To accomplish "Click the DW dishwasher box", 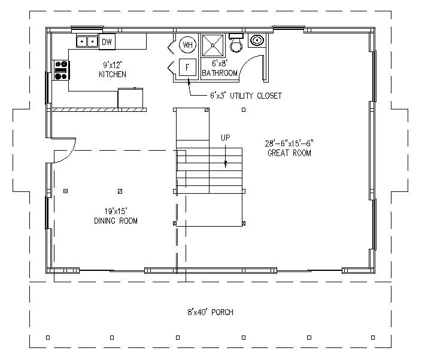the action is tap(107, 42).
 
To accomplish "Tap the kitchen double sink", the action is tap(87, 41).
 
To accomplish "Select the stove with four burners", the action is tap(61, 70).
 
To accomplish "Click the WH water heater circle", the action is tap(188, 45).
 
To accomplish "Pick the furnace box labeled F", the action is tap(187, 67).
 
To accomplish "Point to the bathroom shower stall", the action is tap(212, 45).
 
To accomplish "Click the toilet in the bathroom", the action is tap(236, 43).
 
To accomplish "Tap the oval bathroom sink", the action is tap(257, 40).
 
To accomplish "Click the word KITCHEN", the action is tap(113, 74).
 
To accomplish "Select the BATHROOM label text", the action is tap(220, 73).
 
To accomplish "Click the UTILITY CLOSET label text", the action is tap(256, 96).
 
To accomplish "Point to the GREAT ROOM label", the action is tap(289, 153).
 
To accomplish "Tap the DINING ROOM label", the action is tap(116, 221).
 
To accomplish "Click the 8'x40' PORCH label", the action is tap(210, 312).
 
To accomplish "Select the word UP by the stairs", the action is tap(225, 138).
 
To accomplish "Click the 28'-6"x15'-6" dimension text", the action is tap(289, 143).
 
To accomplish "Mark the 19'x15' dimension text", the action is tap(116, 211).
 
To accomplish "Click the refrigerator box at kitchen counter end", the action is tap(130, 98).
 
